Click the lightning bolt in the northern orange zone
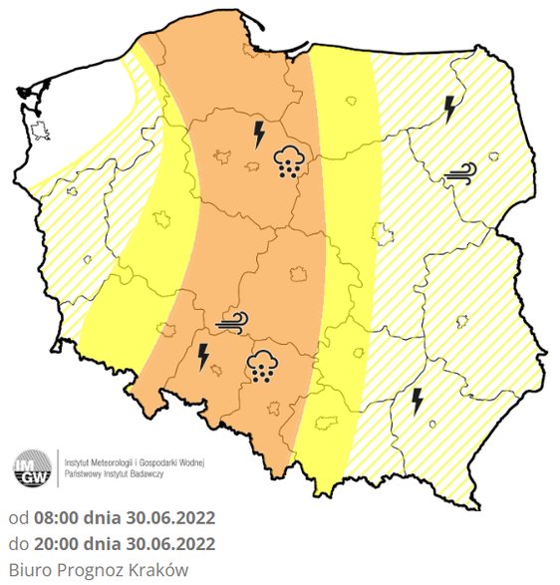point(260,133)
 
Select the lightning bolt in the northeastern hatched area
point(450,108)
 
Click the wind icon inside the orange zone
point(231,321)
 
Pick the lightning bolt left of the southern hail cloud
point(204,356)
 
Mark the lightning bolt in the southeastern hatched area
point(419,401)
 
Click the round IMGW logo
point(32,468)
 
